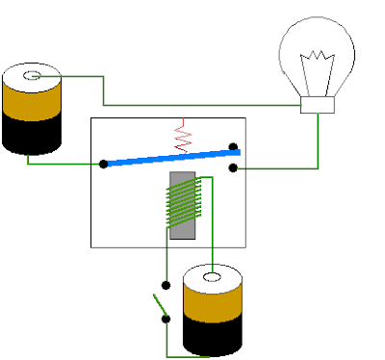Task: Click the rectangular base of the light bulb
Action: pyautogui.click(x=318, y=105)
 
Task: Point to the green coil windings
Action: pyautogui.click(x=182, y=202)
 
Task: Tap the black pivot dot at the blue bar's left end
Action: pyautogui.click(x=103, y=164)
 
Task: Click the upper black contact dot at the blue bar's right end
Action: pyautogui.click(x=233, y=148)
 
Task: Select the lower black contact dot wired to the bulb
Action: pyautogui.click(x=233, y=167)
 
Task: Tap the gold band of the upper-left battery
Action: pyautogui.click(x=31, y=99)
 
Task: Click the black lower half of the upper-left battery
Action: pyautogui.click(x=31, y=135)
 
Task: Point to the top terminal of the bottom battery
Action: pyautogui.click(x=212, y=281)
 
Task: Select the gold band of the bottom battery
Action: pyautogui.click(x=212, y=306)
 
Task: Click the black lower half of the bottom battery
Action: pyautogui.click(x=212, y=337)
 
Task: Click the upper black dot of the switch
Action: pyautogui.click(x=166, y=286)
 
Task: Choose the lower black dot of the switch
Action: pyautogui.click(x=166, y=319)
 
